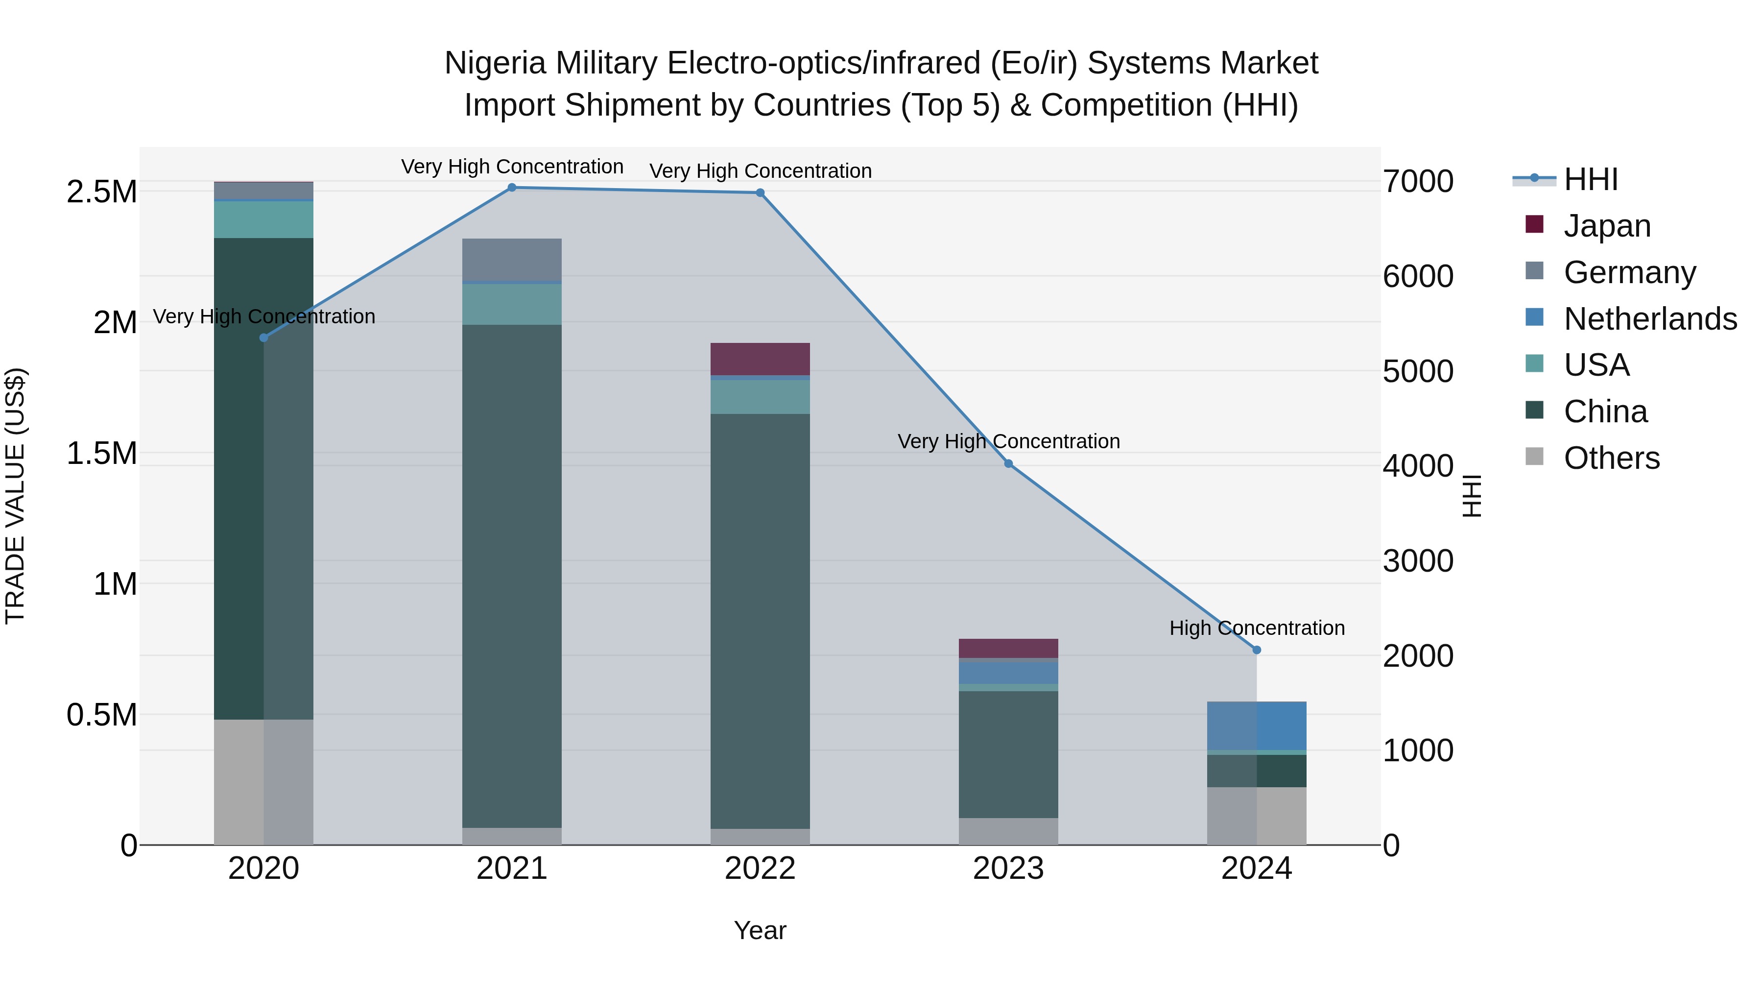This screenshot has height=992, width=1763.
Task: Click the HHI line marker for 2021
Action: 511,188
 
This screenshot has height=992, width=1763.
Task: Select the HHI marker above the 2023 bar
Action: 1008,463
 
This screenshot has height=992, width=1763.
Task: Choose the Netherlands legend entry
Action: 1649,318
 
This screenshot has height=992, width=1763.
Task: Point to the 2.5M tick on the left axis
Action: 101,192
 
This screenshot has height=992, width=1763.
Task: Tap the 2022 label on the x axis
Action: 760,869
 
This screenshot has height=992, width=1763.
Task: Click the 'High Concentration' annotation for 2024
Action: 1257,628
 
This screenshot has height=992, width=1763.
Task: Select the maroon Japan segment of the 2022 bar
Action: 760,359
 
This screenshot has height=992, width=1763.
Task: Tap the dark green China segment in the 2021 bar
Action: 511,575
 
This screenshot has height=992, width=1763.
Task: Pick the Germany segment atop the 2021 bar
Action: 511,260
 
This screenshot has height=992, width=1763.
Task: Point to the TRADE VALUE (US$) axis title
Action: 15,496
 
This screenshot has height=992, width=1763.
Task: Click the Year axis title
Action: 760,930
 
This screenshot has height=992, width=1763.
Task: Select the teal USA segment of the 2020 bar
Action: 263,219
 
